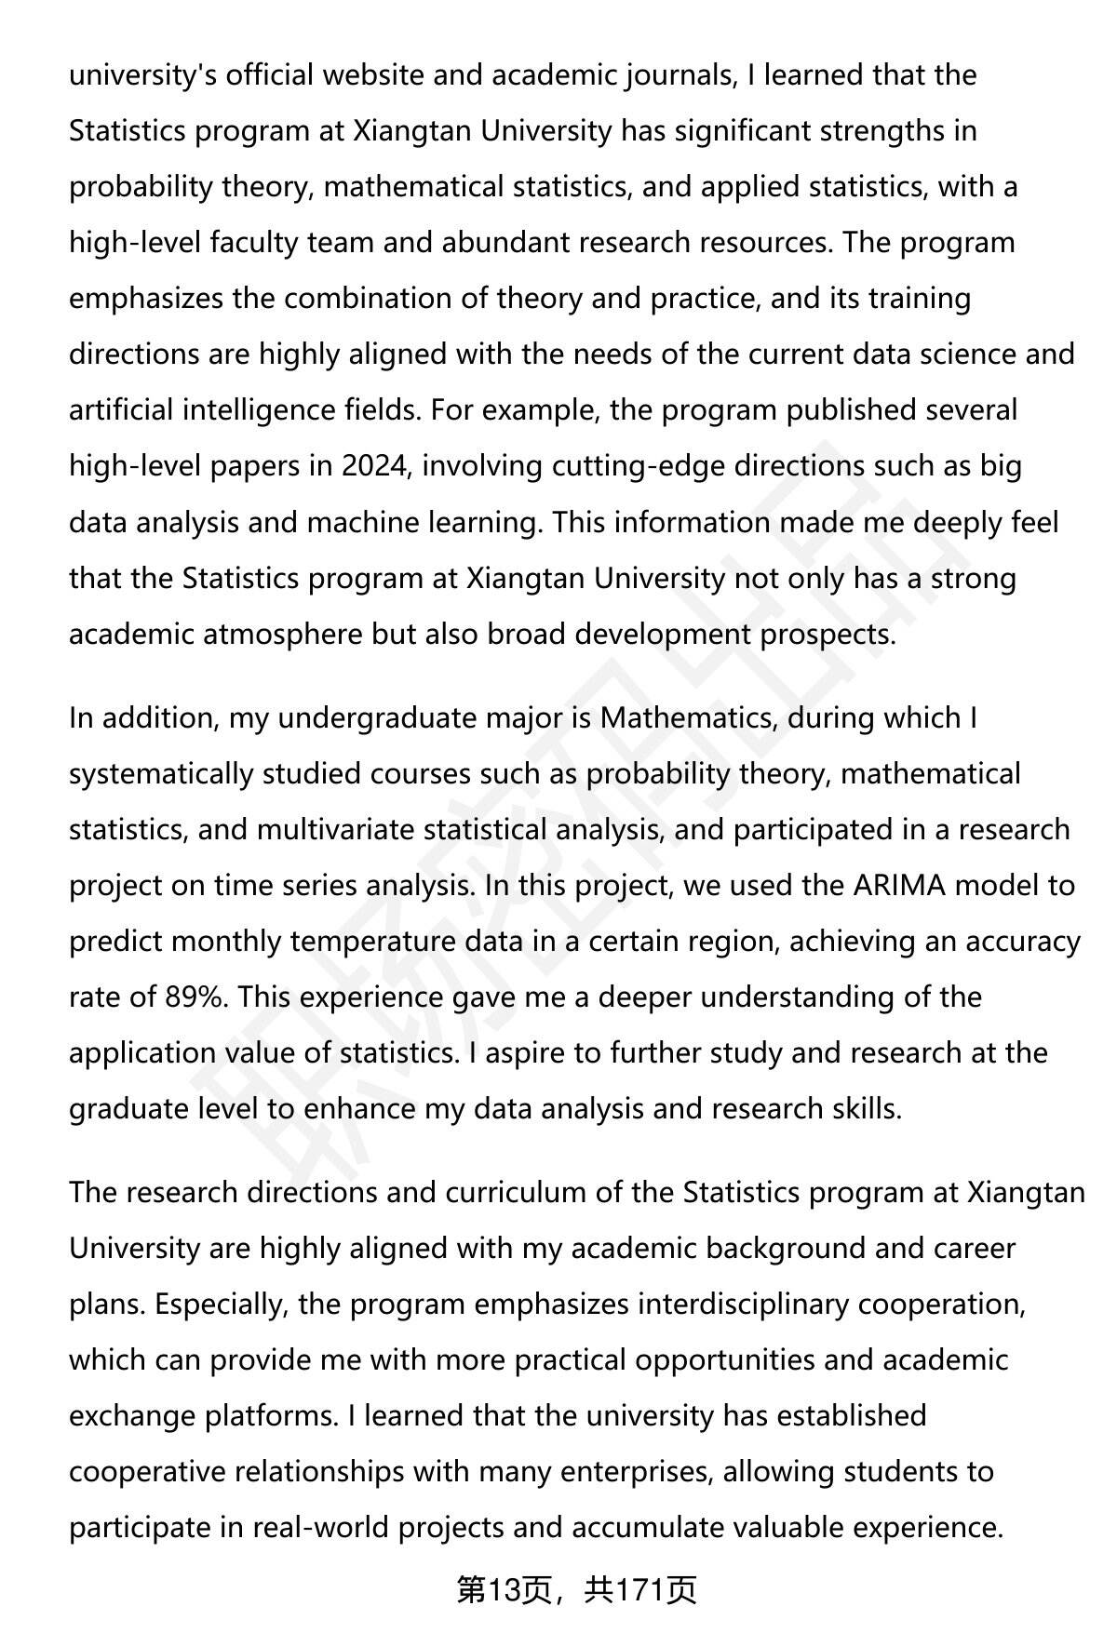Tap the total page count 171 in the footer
pos(637,1591)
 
